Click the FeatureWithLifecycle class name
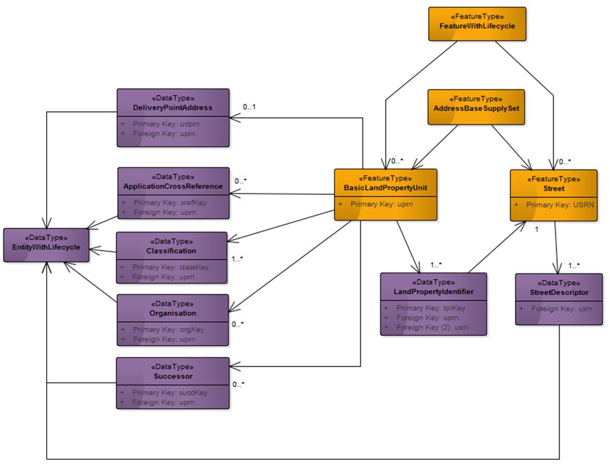click(x=477, y=26)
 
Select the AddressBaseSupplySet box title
click(x=476, y=108)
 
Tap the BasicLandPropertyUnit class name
click(x=385, y=188)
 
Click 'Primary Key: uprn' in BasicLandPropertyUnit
click(x=381, y=205)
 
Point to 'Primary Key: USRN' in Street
click(x=557, y=205)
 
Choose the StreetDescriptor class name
click(x=558, y=293)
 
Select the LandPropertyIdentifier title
click(x=433, y=292)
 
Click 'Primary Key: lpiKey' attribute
click(x=431, y=308)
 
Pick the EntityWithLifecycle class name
click(x=46, y=247)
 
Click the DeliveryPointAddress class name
click(x=173, y=107)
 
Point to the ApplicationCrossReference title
click(x=173, y=186)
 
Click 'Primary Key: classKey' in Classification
click(x=170, y=267)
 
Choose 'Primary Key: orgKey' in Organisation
click(x=168, y=330)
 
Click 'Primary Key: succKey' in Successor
click(x=169, y=393)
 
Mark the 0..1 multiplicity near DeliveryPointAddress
click(x=249, y=107)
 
